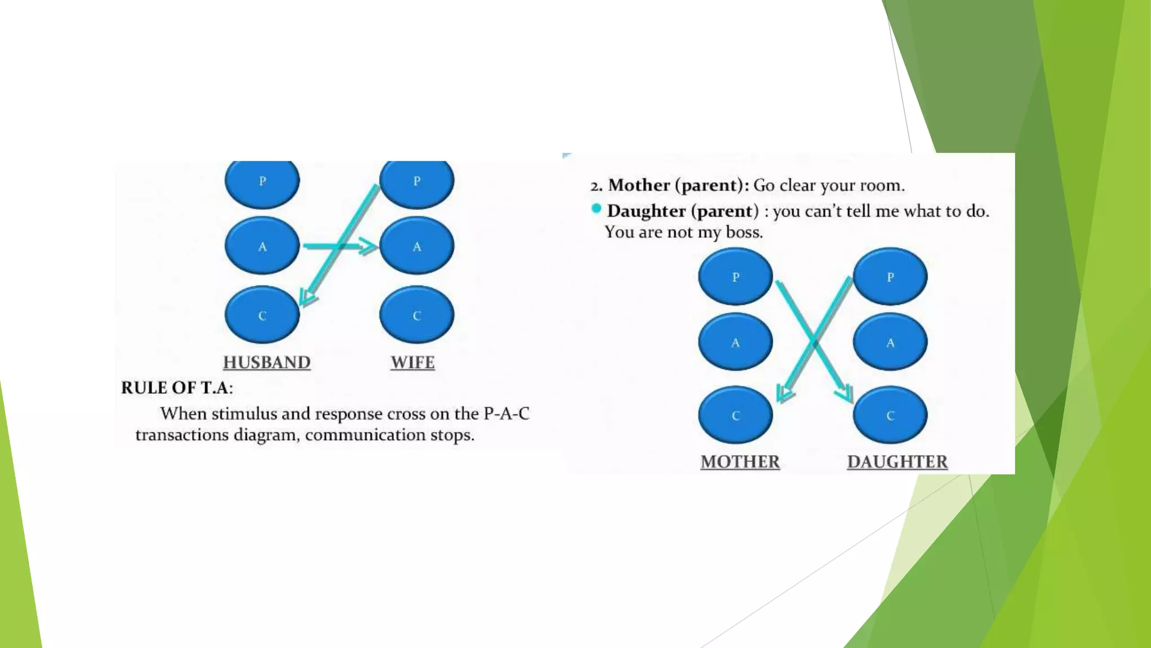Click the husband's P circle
tap(262, 182)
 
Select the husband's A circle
tap(262, 246)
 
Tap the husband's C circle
tap(262, 315)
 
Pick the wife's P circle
tap(416, 182)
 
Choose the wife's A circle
tap(416, 246)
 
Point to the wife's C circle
tap(416, 315)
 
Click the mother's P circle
tap(735, 277)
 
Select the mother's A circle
tap(735, 342)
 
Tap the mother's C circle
tap(735, 415)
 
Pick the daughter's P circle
tap(890, 277)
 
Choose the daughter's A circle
tap(890, 342)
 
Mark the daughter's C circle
tap(890, 415)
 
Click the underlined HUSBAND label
tap(267, 362)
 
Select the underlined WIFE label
tap(413, 362)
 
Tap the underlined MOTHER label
tap(740, 462)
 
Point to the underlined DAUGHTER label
tap(897, 462)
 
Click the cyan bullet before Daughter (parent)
tap(596, 209)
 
